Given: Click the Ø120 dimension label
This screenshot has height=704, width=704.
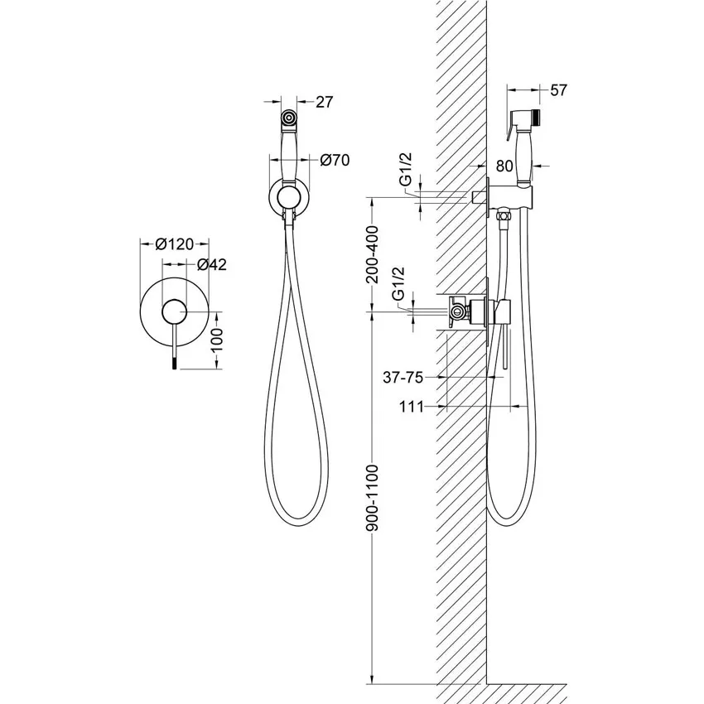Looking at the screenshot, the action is (x=174, y=244).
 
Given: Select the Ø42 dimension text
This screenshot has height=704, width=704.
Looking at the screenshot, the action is (x=211, y=265).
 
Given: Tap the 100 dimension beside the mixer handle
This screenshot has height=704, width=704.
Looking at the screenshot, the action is (x=216, y=343).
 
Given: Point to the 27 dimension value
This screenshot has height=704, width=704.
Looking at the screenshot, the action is (x=325, y=102).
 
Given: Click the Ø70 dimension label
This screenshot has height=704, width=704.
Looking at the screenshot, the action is (x=335, y=160).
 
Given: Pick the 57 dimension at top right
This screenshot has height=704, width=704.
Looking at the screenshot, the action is (x=558, y=90).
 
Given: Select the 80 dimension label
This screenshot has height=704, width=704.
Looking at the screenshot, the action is (x=504, y=166).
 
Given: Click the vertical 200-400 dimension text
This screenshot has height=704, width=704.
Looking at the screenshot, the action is (x=373, y=253).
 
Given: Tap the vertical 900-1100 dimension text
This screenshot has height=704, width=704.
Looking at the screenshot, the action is (x=373, y=498).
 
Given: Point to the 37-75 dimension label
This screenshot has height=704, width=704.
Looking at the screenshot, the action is (x=403, y=378).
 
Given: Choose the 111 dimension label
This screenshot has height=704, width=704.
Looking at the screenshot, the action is (x=412, y=407).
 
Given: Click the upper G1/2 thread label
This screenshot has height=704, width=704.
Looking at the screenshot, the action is (x=405, y=169).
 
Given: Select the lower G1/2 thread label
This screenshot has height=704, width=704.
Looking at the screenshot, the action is (x=398, y=283).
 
